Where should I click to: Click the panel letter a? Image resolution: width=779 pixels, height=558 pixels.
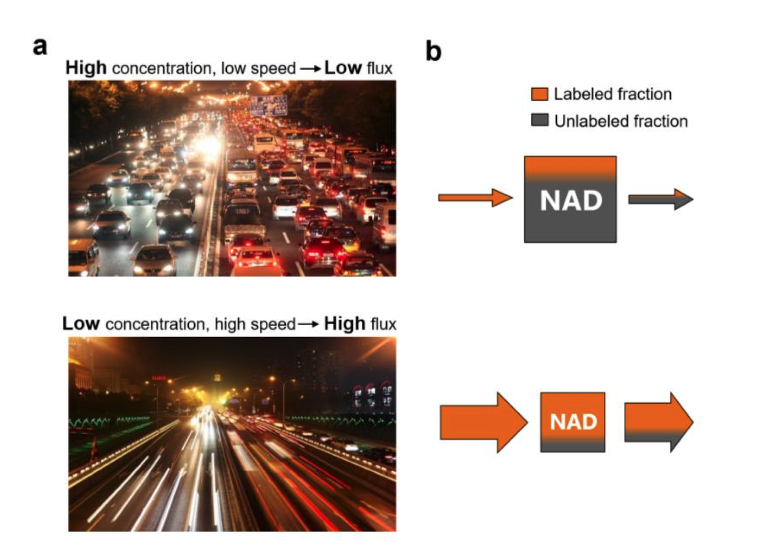point(40,47)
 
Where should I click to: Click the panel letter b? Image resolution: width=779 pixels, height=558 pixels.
point(433,52)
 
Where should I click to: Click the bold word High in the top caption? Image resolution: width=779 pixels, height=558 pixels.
point(86,68)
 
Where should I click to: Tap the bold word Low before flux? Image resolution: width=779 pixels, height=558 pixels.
point(343,68)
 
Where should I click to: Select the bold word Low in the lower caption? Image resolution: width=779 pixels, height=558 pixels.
point(81,324)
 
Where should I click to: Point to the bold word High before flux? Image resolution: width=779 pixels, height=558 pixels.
point(345,324)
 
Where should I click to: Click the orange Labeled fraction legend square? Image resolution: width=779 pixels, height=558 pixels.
point(539,94)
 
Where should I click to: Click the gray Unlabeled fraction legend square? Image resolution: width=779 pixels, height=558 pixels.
point(539,120)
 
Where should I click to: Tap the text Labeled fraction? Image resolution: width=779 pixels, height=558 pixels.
point(612,94)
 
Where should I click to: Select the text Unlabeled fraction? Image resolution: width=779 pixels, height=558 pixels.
point(621,121)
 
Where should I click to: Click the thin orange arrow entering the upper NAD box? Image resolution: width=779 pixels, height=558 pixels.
point(475,198)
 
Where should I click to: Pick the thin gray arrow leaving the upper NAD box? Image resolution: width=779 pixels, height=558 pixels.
point(660,199)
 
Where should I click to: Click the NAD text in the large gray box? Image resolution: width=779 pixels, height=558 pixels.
point(571,201)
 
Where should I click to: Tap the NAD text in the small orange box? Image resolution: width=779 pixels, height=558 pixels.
point(573,422)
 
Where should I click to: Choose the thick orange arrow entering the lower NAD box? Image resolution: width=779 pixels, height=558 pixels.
point(482,423)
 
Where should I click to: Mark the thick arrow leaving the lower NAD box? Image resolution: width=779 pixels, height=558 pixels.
point(658,423)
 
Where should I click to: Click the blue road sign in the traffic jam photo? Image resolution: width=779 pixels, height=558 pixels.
point(268,105)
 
